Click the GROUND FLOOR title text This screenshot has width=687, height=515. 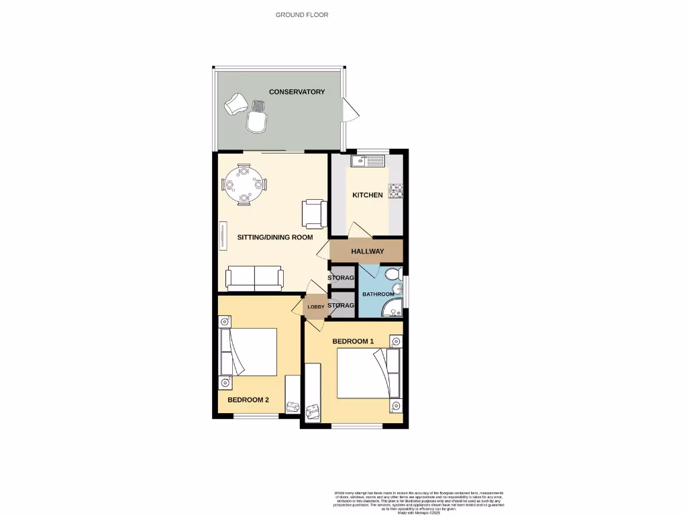(x=302, y=14)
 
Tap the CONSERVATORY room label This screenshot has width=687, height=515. (x=297, y=92)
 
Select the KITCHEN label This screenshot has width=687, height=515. (x=368, y=195)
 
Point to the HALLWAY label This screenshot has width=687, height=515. (x=368, y=251)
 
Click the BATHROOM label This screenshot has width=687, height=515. (x=378, y=294)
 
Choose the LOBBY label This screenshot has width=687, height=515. (x=316, y=307)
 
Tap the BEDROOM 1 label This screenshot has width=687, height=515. (x=353, y=341)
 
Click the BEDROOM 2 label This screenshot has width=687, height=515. (x=248, y=400)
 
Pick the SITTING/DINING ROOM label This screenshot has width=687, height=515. (x=275, y=237)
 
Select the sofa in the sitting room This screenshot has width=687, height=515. (x=254, y=278)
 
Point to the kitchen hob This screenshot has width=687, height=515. (x=396, y=191)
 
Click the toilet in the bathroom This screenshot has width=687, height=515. (x=393, y=274)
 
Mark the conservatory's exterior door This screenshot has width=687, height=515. (x=349, y=110)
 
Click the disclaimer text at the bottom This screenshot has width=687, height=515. (x=418, y=502)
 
